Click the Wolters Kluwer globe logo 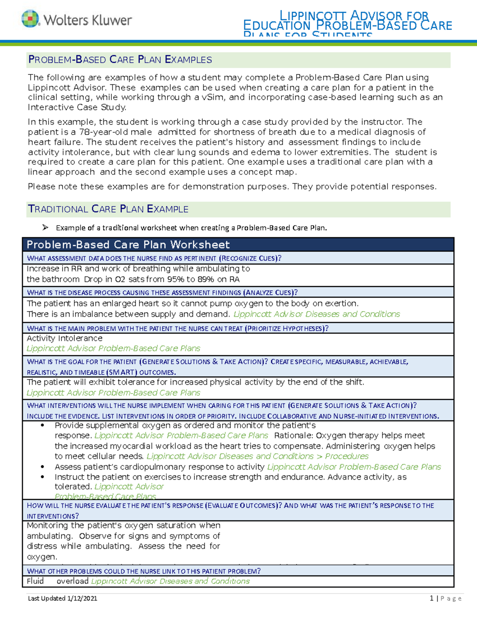(x=30, y=19)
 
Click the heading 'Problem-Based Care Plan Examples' (x=120, y=60)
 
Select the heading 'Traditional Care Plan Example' (x=108, y=209)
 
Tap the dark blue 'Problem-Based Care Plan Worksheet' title (x=128, y=244)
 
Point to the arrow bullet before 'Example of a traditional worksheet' (x=45, y=228)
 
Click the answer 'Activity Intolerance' (x=64, y=338)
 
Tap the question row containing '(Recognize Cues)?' (x=154, y=258)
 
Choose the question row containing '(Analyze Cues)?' (x=162, y=292)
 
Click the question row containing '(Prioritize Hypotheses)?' (x=178, y=328)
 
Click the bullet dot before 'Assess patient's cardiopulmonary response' (x=43, y=467)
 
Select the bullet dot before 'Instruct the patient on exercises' (x=43, y=477)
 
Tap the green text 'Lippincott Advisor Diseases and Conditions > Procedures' (x=257, y=456)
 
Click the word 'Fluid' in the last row (x=35, y=581)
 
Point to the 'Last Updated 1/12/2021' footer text (x=62, y=598)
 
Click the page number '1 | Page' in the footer (x=445, y=598)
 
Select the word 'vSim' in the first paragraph (x=213, y=97)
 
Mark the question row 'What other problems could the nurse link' (x=144, y=571)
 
